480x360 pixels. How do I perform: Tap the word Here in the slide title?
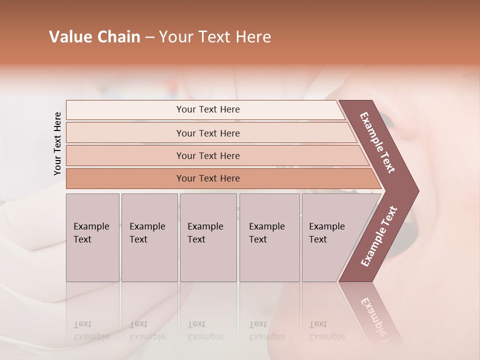tap(253, 37)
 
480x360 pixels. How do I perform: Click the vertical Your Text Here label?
tap(57, 143)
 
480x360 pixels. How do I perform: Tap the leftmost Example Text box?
tap(92, 237)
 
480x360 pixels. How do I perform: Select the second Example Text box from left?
tap(149, 237)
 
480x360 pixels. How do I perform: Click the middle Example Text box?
tap(208, 237)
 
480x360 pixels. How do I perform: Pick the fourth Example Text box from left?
tap(269, 237)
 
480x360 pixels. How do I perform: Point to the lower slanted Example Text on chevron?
tap(379, 236)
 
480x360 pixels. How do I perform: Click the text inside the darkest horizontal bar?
tap(208, 178)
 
